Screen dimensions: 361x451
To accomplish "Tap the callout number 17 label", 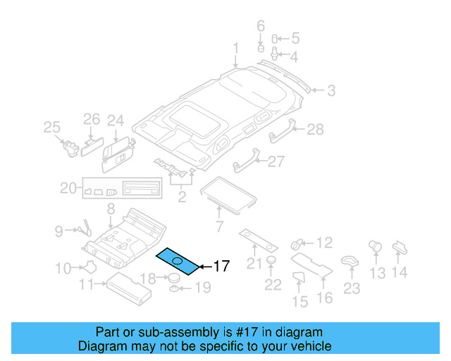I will (221, 267).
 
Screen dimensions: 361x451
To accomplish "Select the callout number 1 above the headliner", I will (236, 48).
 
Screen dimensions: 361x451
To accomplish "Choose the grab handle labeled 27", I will (244, 164).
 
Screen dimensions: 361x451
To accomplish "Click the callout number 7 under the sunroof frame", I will (218, 226).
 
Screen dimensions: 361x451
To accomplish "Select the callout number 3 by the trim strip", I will (330, 90).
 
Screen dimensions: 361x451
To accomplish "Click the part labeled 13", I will (374, 246).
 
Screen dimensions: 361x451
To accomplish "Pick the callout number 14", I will (400, 272).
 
